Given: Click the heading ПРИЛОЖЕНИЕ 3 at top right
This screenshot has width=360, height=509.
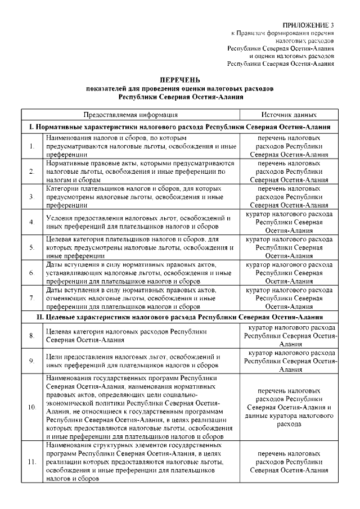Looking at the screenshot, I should (x=308, y=26).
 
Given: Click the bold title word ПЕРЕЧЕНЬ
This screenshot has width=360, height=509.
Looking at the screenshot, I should (x=180, y=81).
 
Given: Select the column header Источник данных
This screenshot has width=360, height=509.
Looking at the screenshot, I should (x=289, y=114).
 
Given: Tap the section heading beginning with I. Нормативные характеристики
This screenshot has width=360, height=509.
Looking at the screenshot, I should (x=180, y=128).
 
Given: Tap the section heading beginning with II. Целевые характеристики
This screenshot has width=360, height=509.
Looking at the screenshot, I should (x=180, y=318).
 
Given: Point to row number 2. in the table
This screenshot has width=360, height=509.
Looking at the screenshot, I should (x=32, y=172).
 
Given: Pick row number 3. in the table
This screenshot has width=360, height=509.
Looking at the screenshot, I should (x=32, y=197).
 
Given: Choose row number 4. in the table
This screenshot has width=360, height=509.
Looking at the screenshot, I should (x=32, y=222).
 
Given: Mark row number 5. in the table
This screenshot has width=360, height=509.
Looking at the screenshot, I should (x=32, y=247).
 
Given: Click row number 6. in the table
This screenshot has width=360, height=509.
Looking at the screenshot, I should (x=32, y=273).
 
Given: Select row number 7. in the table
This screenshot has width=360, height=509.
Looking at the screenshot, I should (x=32, y=298).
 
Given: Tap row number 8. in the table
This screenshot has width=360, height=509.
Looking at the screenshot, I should (x=32, y=336).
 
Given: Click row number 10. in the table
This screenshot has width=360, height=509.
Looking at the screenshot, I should (x=32, y=406).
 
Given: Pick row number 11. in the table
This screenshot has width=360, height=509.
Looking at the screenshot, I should (x=32, y=462).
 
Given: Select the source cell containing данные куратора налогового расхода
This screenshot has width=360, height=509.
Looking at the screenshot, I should (x=289, y=406).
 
